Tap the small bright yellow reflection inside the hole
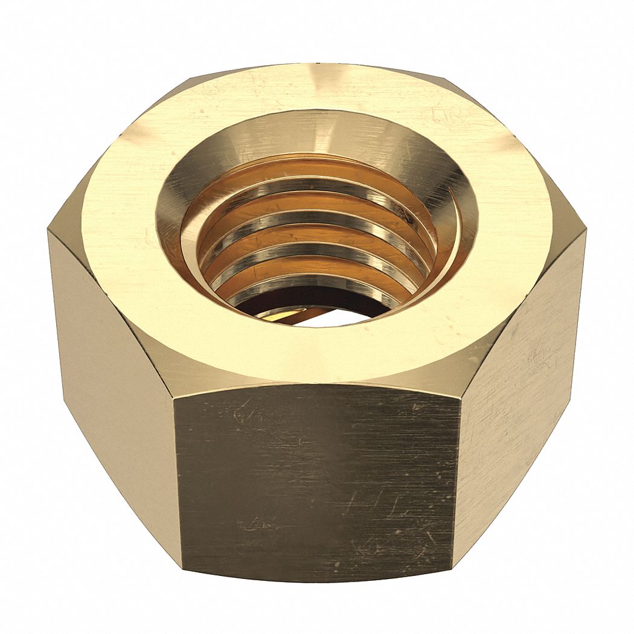click(279, 315)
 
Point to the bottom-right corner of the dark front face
click(453, 571)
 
